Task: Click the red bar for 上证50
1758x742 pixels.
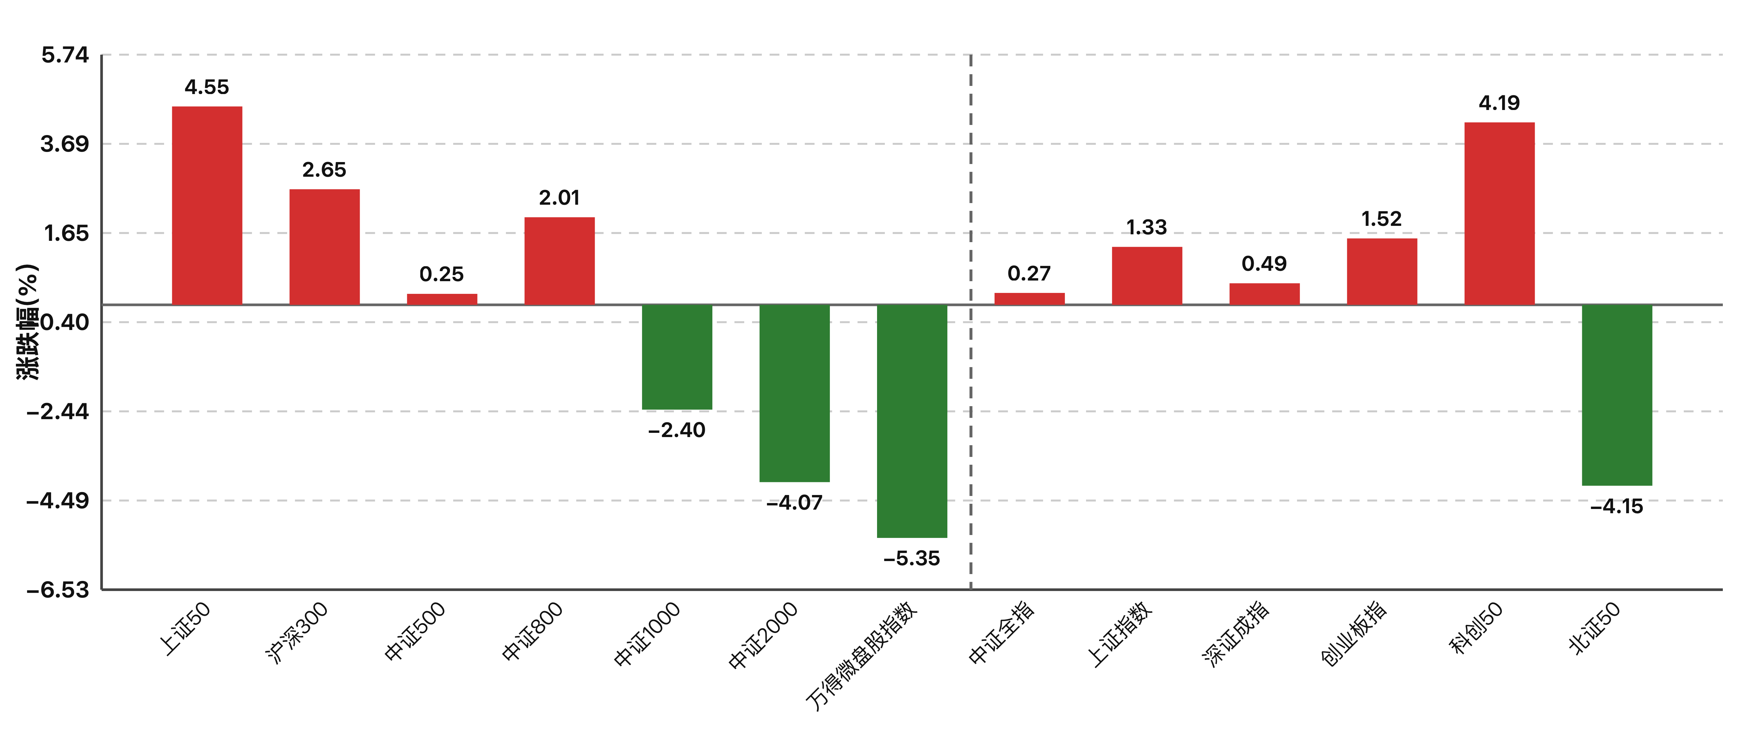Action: [x=207, y=205]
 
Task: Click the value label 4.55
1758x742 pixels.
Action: [x=207, y=87]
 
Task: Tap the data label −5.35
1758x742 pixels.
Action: [x=912, y=558]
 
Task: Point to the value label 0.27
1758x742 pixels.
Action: [x=1029, y=273]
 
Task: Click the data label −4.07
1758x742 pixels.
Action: [x=794, y=502]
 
